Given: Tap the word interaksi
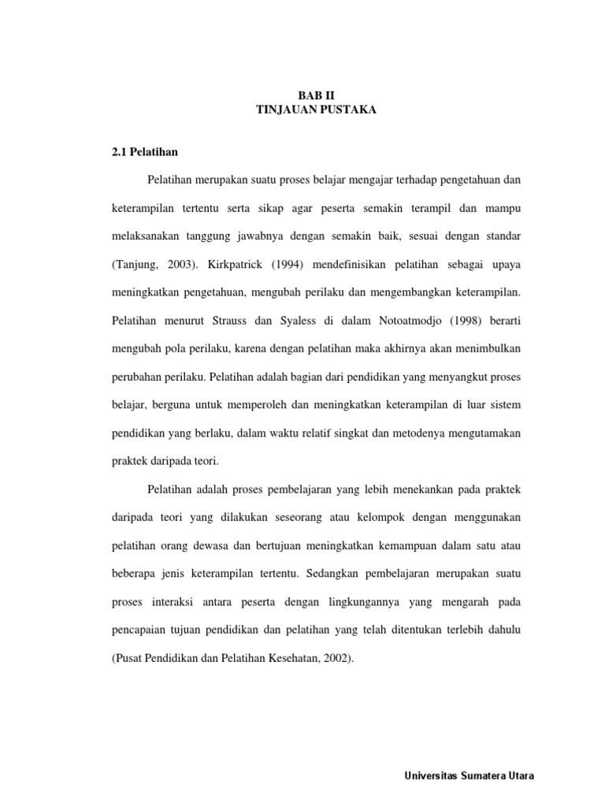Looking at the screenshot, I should (185, 603).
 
